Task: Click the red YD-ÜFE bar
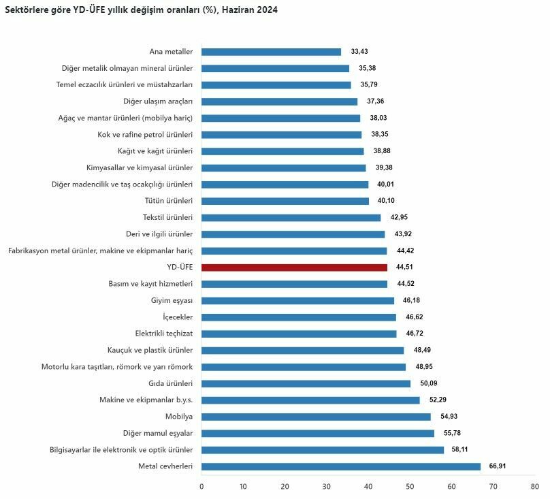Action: click(x=294, y=268)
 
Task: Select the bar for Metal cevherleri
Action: click(x=341, y=466)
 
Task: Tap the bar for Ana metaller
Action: click(x=271, y=52)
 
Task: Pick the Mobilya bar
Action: click(x=316, y=417)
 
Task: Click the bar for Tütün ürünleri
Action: click(x=285, y=201)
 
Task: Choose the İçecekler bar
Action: click(x=299, y=317)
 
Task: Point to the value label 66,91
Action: click(x=497, y=466)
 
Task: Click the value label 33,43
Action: click(x=359, y=52)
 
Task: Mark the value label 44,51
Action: click(x=406, y=268)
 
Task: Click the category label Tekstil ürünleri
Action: click(x=168, y=218)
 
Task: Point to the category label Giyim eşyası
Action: click(x=172, y=300)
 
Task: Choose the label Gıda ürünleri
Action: click(x=170, y=383)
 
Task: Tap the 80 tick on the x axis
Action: click(x=534, y=487)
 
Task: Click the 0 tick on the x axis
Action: click(x=201, y=487)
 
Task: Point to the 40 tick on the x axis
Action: click(x=368, y=487)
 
